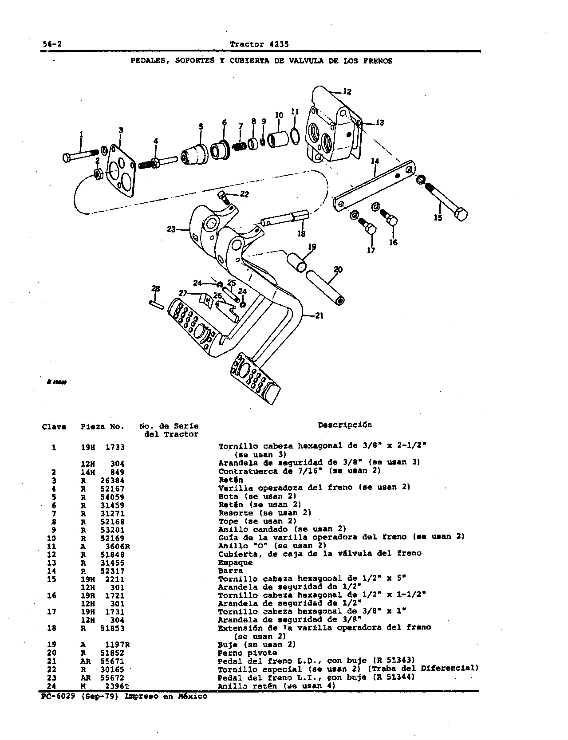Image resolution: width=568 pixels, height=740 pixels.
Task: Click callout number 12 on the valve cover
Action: click(347, 92)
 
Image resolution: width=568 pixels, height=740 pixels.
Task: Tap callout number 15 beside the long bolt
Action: click(438, 218)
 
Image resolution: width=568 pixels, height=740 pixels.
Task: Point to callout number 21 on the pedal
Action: click(319, 315)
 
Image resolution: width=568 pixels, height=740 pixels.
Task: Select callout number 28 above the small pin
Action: click(155, 289)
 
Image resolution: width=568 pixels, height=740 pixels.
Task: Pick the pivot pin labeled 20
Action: click(326, 287)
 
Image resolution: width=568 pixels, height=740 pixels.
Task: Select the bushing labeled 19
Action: click(296, 262)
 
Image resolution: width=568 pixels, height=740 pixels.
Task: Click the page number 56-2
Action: click(52, 44)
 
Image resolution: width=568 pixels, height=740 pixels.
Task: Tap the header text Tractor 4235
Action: click(259, 44)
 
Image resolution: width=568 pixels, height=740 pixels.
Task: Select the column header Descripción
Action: click(345, 425)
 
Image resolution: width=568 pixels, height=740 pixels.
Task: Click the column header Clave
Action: click(54, 427)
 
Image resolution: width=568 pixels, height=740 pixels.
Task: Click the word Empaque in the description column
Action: click(235, 563)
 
